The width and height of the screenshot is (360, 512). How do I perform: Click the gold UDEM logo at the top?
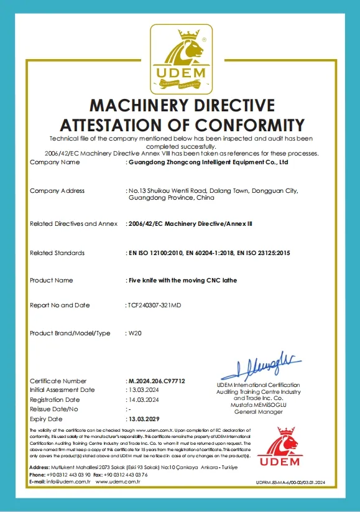(x=180, y=58)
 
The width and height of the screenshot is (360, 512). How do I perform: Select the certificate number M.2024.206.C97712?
(x=156, y=381)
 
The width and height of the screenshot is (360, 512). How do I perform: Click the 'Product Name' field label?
(x=51, y=281)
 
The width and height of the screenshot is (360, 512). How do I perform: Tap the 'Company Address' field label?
(x=57, y=190)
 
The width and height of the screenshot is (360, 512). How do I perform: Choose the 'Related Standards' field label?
(x=57, y=253)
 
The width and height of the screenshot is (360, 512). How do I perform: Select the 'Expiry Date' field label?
(x=47, y=419)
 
